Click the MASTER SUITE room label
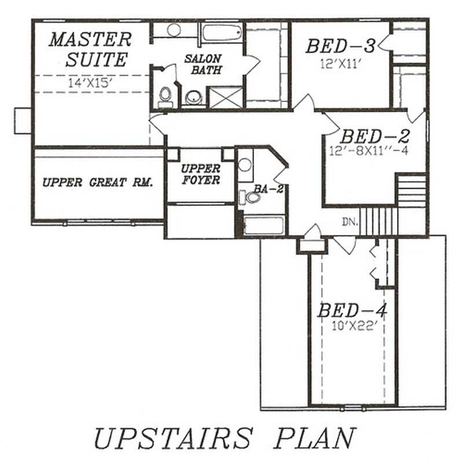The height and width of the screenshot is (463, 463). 90,49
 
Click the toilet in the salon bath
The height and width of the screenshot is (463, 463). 166,97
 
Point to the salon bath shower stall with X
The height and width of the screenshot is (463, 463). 226,97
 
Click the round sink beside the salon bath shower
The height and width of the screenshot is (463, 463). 194,98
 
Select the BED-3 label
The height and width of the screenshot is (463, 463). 341,46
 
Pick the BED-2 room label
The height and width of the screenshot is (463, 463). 374,137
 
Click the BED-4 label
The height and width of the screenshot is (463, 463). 352,311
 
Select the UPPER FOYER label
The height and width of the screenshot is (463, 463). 200,174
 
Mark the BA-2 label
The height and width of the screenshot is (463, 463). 269,189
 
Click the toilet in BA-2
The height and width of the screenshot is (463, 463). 252,197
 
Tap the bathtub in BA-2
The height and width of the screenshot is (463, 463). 264,225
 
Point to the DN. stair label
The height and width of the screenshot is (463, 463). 350,222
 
